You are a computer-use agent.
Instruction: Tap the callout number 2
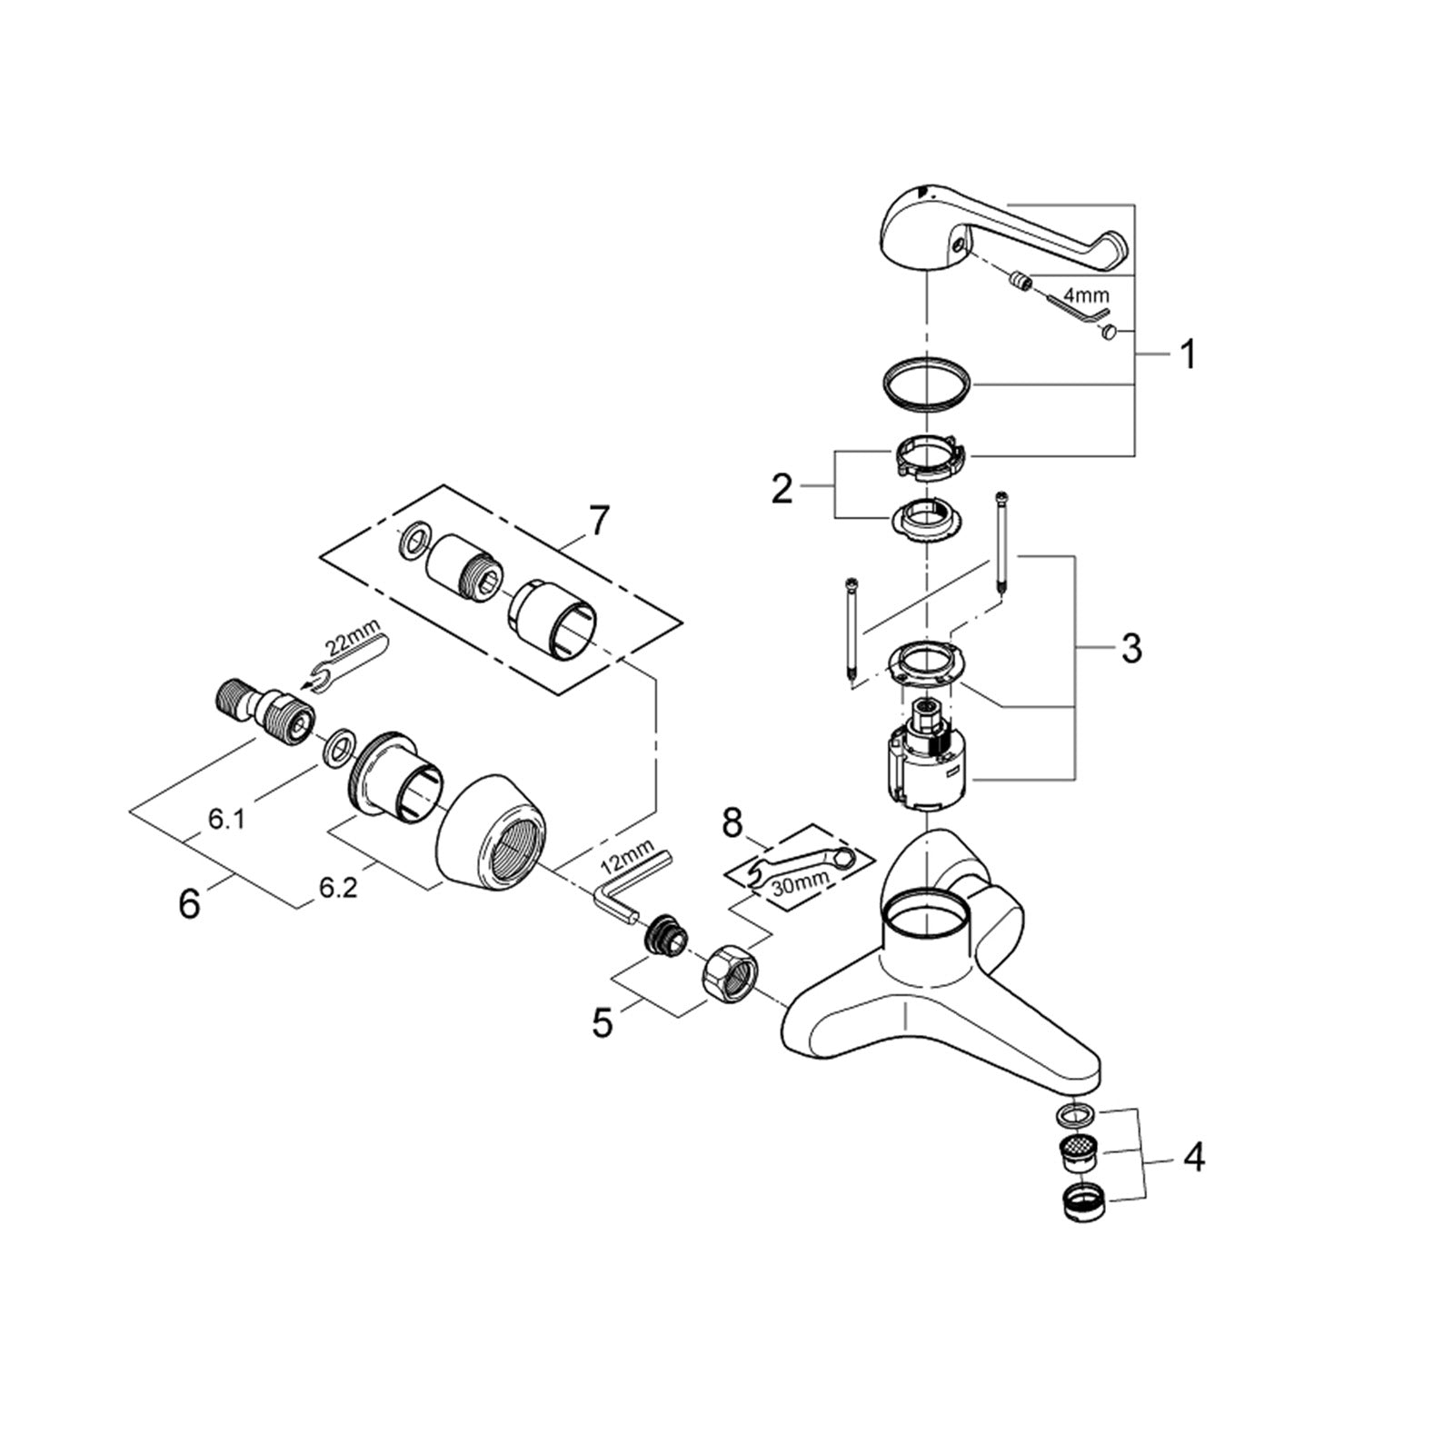tap(782, 490)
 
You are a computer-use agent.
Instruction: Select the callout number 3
tap(1130, 649)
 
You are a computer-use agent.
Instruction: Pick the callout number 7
tap(598, 522)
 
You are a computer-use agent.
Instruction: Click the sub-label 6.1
tap(226, 819)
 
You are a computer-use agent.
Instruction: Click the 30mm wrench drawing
tap(800, 868)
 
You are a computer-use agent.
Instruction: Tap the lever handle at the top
tap(1000, 227)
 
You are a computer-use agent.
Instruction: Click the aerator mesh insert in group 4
tap(1079, 1153)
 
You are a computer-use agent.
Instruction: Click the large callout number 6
tap(188, 904)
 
